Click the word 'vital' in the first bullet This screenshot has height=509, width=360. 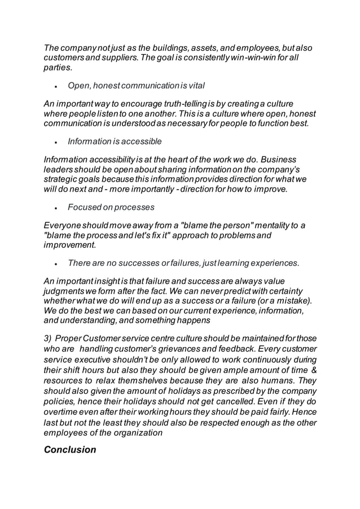[195, 86]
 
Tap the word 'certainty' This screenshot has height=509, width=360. [294, 291]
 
